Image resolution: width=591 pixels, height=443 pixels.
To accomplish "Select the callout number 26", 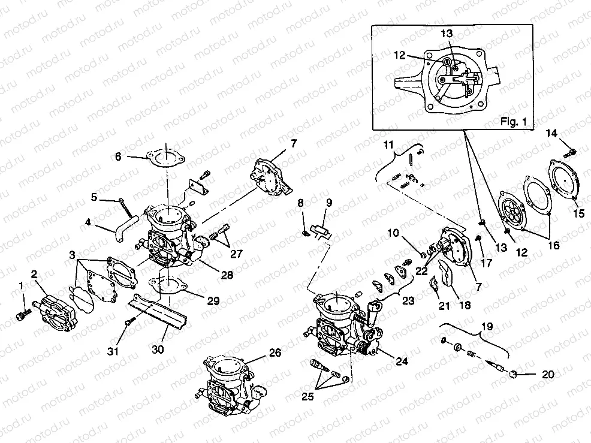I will (275, 353).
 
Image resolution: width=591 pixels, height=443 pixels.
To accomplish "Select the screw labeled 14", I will (571, 149).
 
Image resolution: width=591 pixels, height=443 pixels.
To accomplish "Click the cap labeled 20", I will (514, 375).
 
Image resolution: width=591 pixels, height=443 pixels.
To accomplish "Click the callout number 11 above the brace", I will (389, 144).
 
